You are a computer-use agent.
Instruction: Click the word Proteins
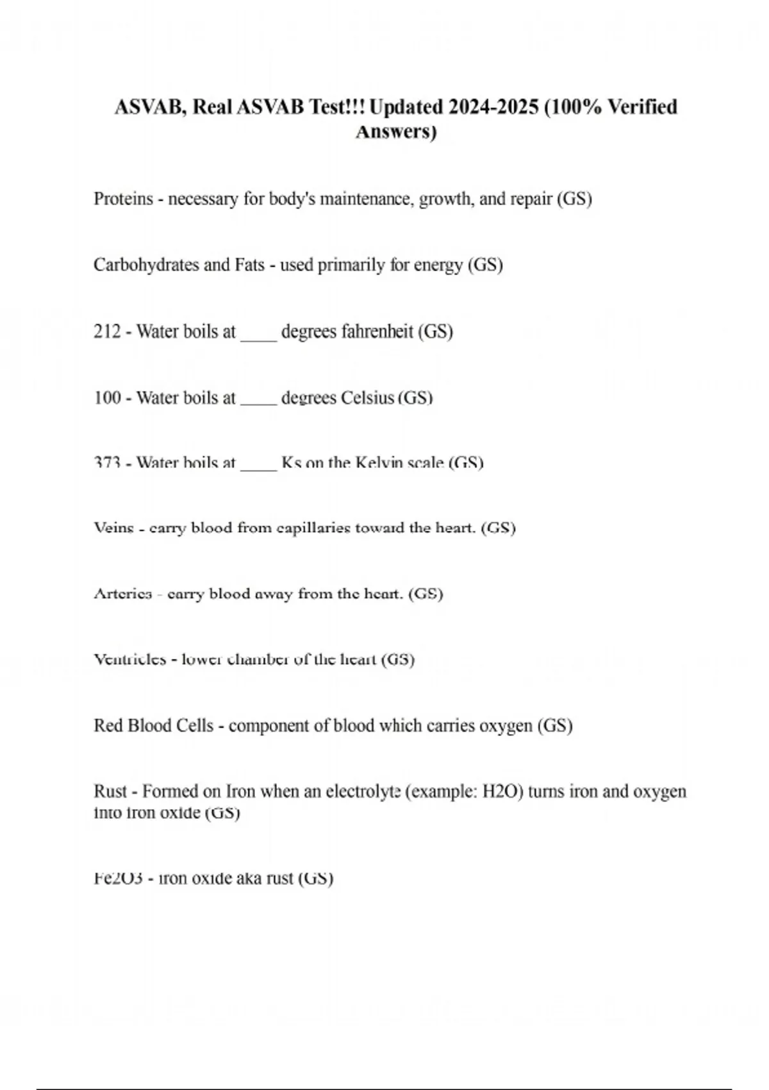click(124, 199)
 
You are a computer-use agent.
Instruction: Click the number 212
click(107, 331)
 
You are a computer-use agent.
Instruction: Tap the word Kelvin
click(384, 463)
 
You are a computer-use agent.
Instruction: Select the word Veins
click(114, 528)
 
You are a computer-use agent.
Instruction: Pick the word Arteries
click(123, 594)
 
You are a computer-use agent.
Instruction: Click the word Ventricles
click(130, 660)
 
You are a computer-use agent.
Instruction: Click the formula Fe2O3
click(118, 878)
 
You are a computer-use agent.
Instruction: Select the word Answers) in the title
click(396, 132)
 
